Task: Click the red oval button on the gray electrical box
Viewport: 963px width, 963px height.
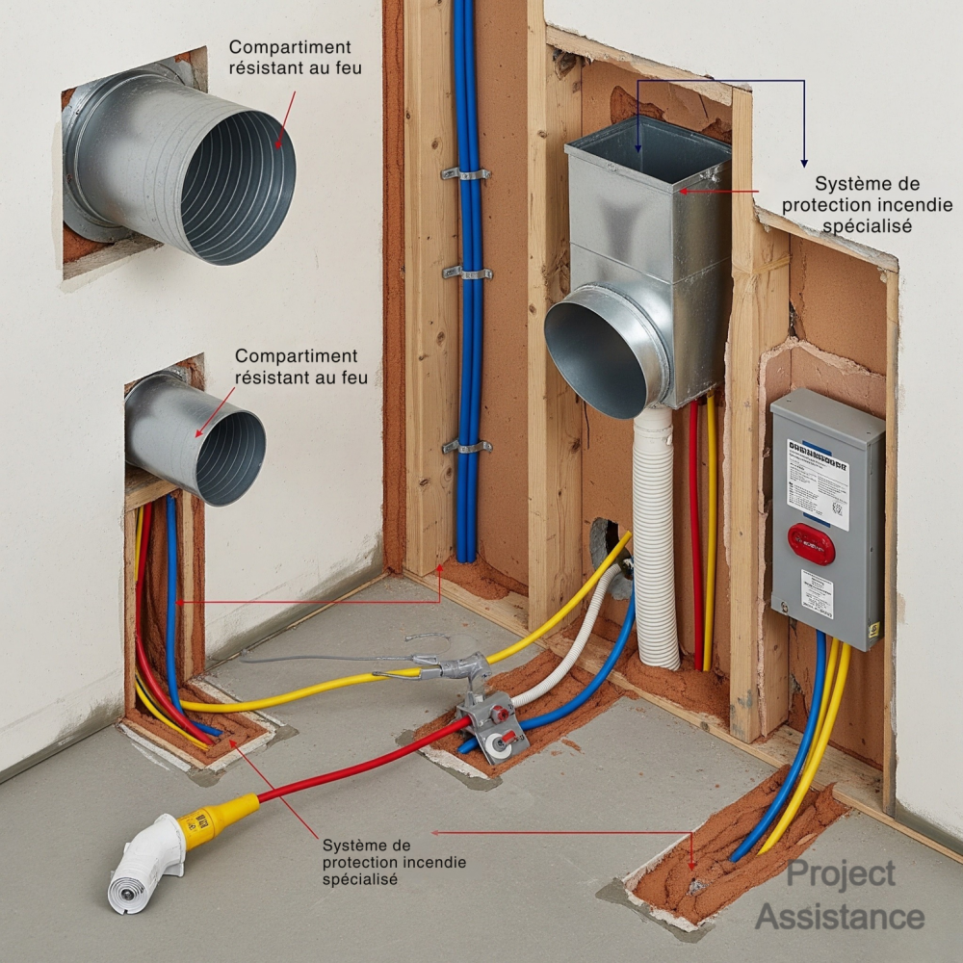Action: (x=811, y=544)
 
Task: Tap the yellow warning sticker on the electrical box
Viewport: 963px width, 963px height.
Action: (x=874, y=629)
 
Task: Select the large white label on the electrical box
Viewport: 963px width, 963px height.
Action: (x=818, y=482)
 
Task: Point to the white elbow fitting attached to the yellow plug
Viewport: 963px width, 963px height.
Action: (x=144, y=862)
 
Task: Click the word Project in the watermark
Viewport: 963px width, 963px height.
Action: (x=841, y=874)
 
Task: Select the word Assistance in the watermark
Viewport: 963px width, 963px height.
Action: (x=840, y=917)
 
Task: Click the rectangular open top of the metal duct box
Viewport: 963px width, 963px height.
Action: (x=647, y=144)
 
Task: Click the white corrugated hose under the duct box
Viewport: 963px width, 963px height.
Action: (x=658, y=539)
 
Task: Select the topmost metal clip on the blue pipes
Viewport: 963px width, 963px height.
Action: (x=465, y=173)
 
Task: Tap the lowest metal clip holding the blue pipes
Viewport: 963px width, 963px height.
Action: (x=467, y=447)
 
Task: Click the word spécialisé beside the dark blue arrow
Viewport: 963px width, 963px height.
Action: (x=867, y=226)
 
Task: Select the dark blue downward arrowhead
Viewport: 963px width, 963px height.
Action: (x=804, y=163)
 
